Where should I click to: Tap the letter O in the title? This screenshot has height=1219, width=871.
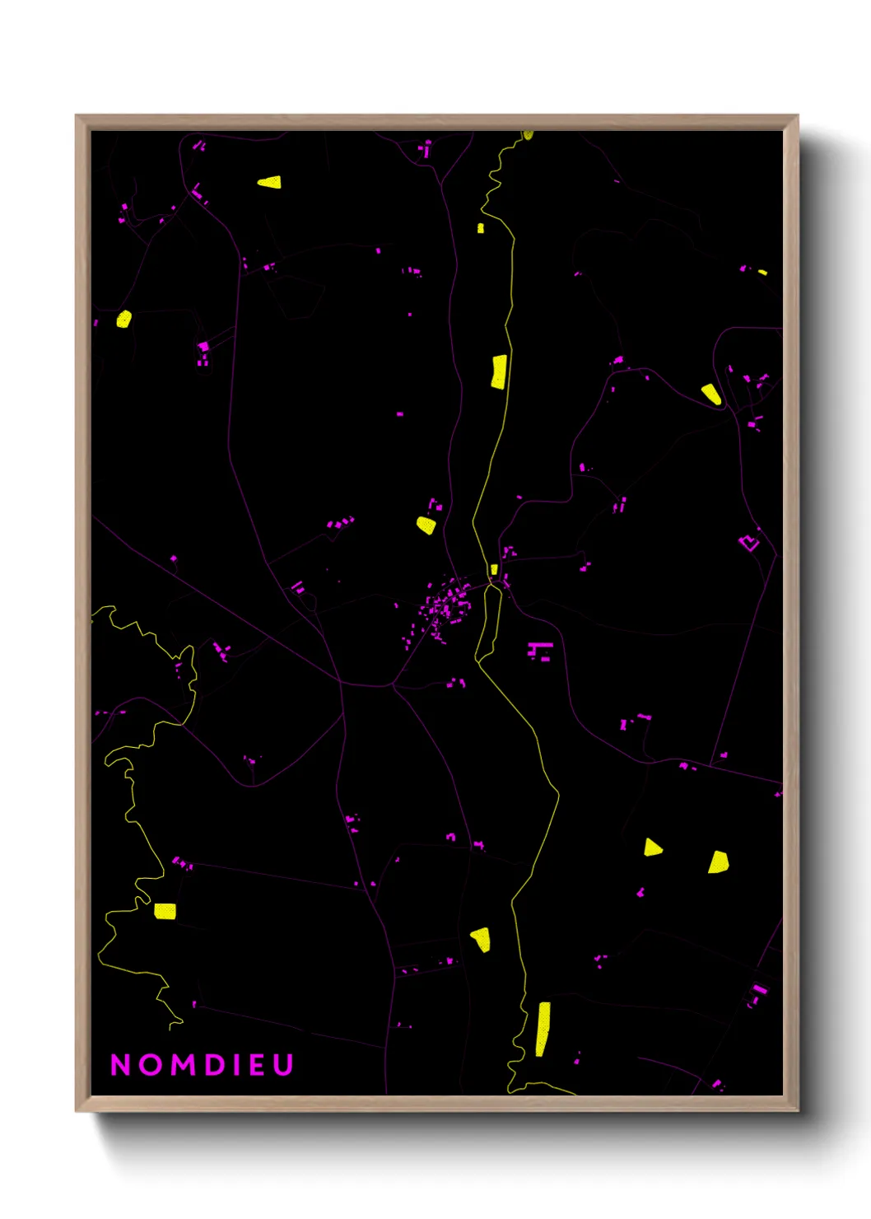(150, 1065)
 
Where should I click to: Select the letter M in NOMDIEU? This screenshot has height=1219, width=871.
(183, 1065)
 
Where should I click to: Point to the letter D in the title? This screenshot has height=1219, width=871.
(215, 1065)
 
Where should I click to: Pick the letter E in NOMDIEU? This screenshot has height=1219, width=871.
(257, 1065)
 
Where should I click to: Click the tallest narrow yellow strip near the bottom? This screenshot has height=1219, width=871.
(543, 1029)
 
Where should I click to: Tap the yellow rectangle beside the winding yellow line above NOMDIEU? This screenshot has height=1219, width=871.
(165, 911)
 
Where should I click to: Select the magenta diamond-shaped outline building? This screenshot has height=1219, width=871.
(748, 543)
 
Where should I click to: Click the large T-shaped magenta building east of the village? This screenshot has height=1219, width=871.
(540, 650)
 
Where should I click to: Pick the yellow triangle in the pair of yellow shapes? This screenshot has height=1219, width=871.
(652, 848)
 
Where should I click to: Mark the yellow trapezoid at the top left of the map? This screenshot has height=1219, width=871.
(270, 182)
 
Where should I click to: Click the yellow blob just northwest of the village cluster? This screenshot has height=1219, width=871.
(426, 525)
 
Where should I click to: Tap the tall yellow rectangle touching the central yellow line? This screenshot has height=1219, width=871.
(499, 371)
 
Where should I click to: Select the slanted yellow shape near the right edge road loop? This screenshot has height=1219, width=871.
(711, 394)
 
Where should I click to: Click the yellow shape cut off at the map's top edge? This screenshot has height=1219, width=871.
(528, 134)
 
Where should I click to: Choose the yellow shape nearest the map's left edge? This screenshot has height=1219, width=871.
(123, 319)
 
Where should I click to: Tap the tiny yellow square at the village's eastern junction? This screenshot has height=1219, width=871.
(494, 569)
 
